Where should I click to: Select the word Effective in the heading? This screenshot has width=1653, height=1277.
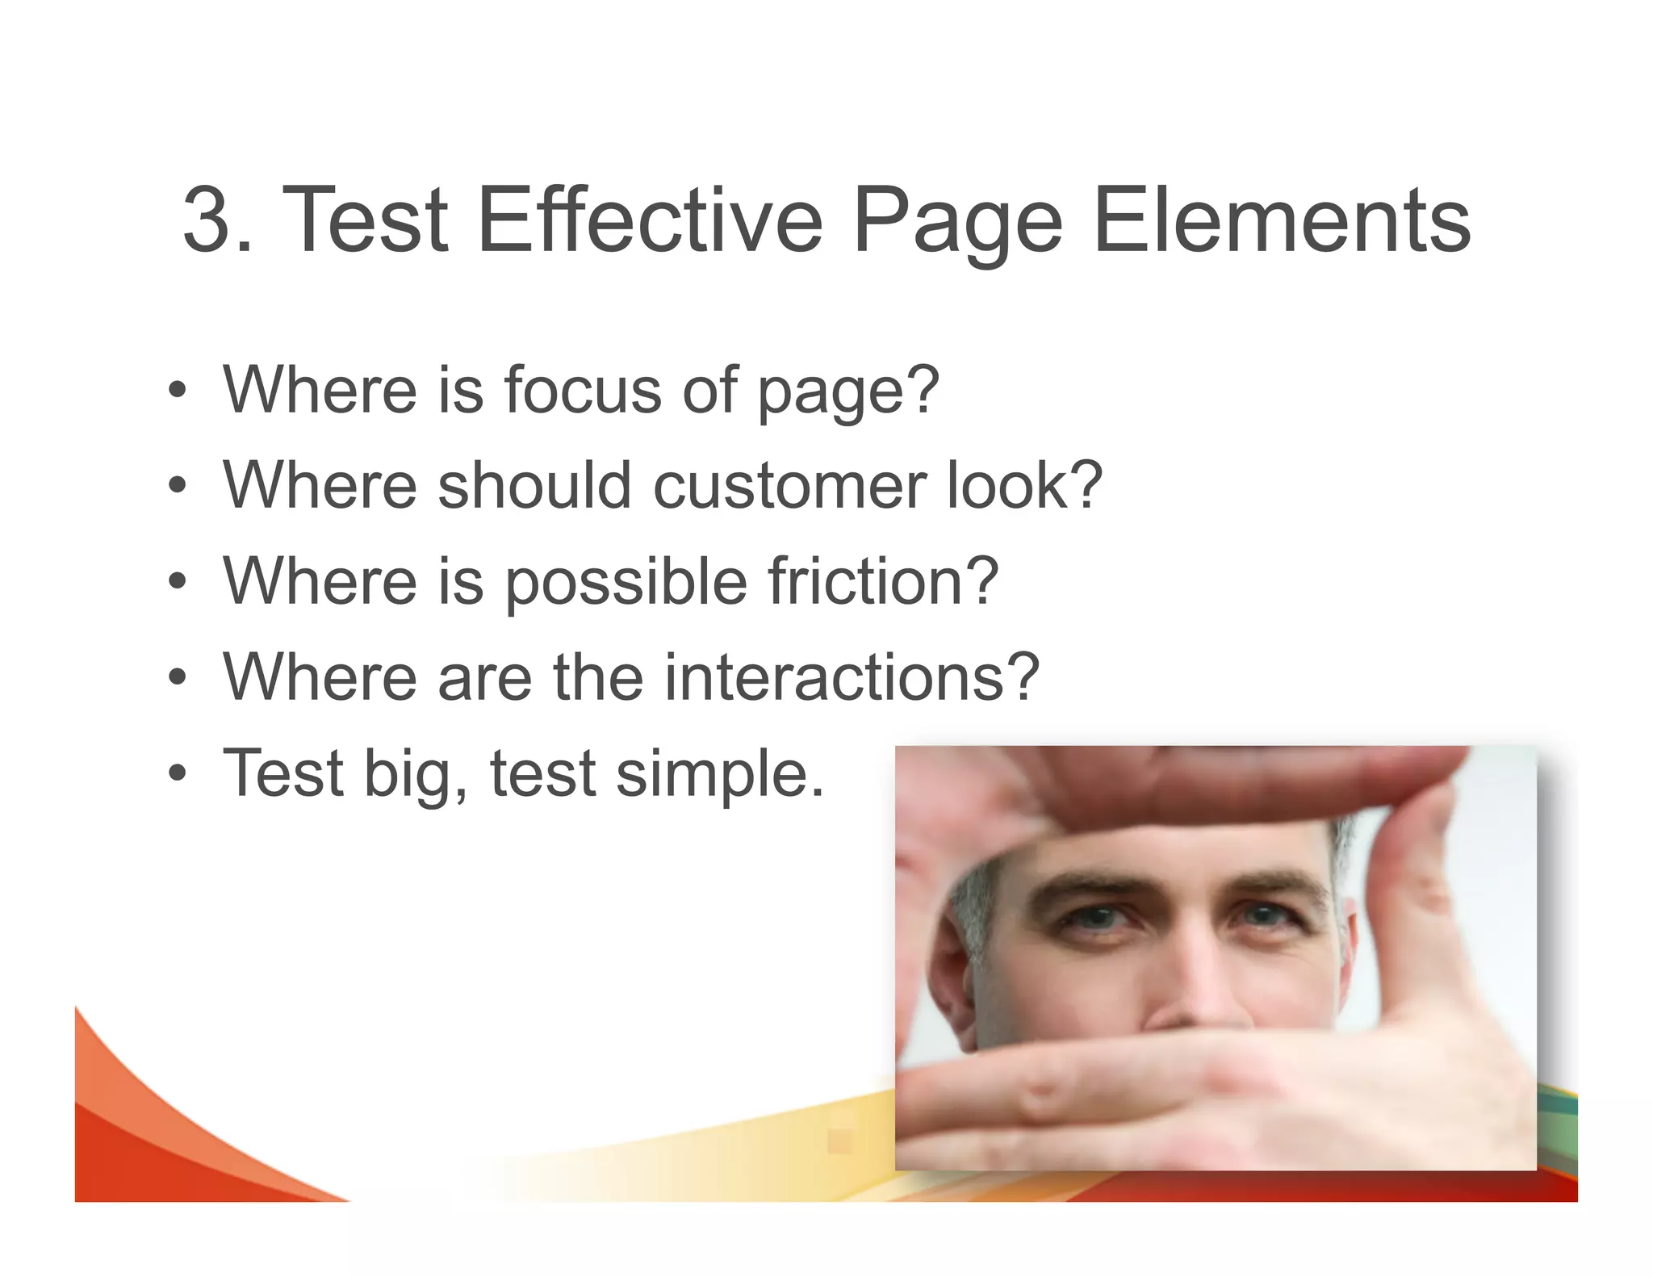point(650,220)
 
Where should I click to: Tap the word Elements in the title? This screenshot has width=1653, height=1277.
point(1283,220)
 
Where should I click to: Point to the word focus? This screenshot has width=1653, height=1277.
point(583,390)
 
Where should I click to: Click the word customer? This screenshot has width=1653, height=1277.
point(789,486)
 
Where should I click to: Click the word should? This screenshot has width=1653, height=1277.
point(534,486)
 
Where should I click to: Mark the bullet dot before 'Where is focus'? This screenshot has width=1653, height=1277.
point(178,391)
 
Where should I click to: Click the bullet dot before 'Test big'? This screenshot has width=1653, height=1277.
point(178,774)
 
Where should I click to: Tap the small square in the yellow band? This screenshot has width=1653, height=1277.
point(839,1141)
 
